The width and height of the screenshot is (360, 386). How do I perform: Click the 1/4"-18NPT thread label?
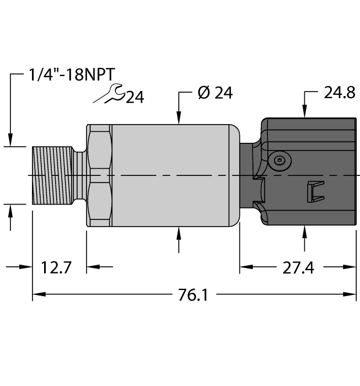pyautogui.click(x=73, y=75)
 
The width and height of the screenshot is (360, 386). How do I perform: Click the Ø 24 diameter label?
pyautogui.click(x=214, y=93)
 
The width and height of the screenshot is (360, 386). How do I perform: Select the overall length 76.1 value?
pyautogui.click(x=194, y=295)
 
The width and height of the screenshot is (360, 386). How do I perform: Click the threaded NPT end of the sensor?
pyautogui.click(x=53, y=175)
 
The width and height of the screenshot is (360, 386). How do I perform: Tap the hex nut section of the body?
pyautogui.click(x=99, y=175)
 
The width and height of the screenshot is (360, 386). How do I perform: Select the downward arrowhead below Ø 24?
pyautogui.click(x=179, y=117)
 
